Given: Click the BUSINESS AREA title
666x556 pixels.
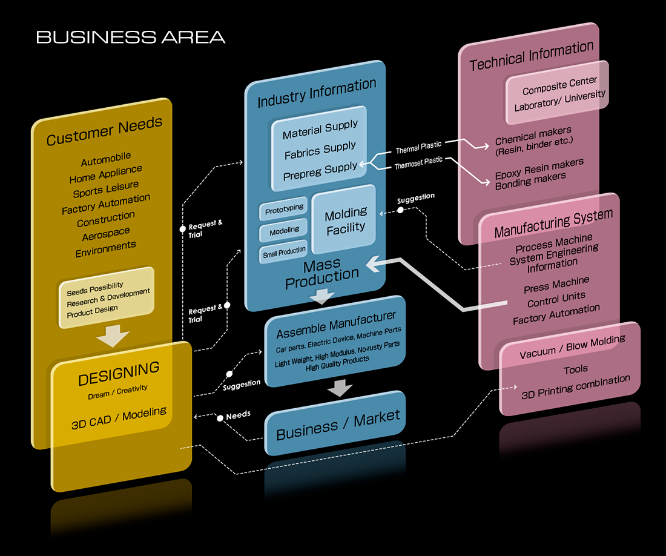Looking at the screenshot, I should pyautogui.click(x=130, y=37).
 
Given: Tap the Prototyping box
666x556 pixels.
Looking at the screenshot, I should pyautogui.click(x=284, y=209).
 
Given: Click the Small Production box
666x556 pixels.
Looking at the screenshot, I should pyautogui.click(x=284, y=252).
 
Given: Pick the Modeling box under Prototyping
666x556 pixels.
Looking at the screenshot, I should pyautogui.click(x=284, y=230).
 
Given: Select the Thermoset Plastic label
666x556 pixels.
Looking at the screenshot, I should pyautogui.click(x=418, y=162).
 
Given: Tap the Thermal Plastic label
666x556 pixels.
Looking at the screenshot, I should pyautogui.click(x=418, y=147).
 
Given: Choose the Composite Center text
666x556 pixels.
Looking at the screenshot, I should pyautogui.click(x=559, y=85).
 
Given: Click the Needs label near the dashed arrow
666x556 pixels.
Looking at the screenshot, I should pyautogui.click(x=238, y=416).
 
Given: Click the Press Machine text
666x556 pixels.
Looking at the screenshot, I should pyautogui.click(x=556, y=284).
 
